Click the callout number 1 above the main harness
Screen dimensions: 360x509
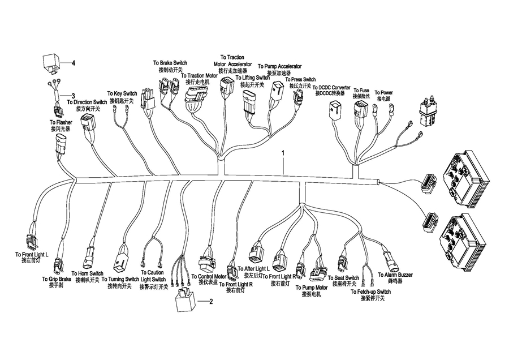tap(283, 153)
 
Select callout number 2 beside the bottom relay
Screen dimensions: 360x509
tap(211, 301)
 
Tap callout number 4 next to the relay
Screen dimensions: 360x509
tap(73, 63)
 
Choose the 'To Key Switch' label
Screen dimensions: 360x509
tap(122, 93)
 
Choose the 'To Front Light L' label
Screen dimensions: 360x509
tap(32, 255)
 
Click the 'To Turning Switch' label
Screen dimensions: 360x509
tap(120, 280)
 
